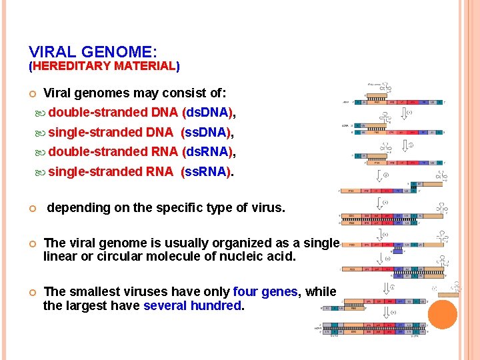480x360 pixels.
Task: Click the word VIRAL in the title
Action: (52, 51)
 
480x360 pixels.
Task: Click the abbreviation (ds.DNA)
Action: (207, 113)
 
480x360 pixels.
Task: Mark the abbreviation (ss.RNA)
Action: (206, 172)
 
